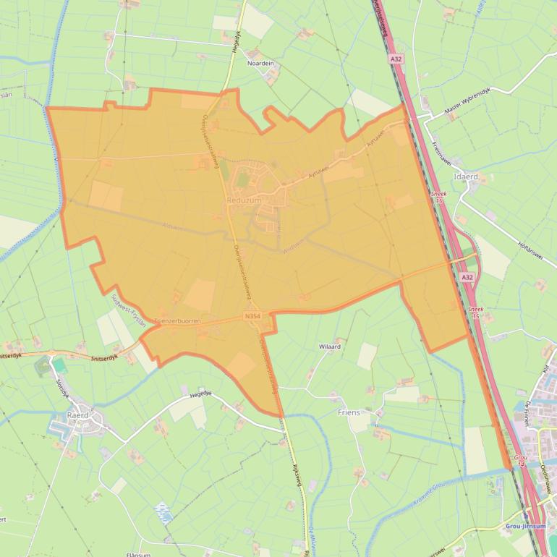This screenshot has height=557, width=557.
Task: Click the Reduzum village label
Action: pos(243,200)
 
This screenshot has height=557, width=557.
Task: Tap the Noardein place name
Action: pos(261,64)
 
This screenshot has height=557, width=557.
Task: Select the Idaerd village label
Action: pos(464,176)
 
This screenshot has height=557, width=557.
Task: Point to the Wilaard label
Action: pos(330,346)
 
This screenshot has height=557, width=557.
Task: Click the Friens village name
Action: pos(349,412)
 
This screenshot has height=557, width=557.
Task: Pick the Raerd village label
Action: pos(77,415)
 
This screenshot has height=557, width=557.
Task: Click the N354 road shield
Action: pos(252,315)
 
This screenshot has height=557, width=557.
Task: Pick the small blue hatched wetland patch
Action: pos(164,513)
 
